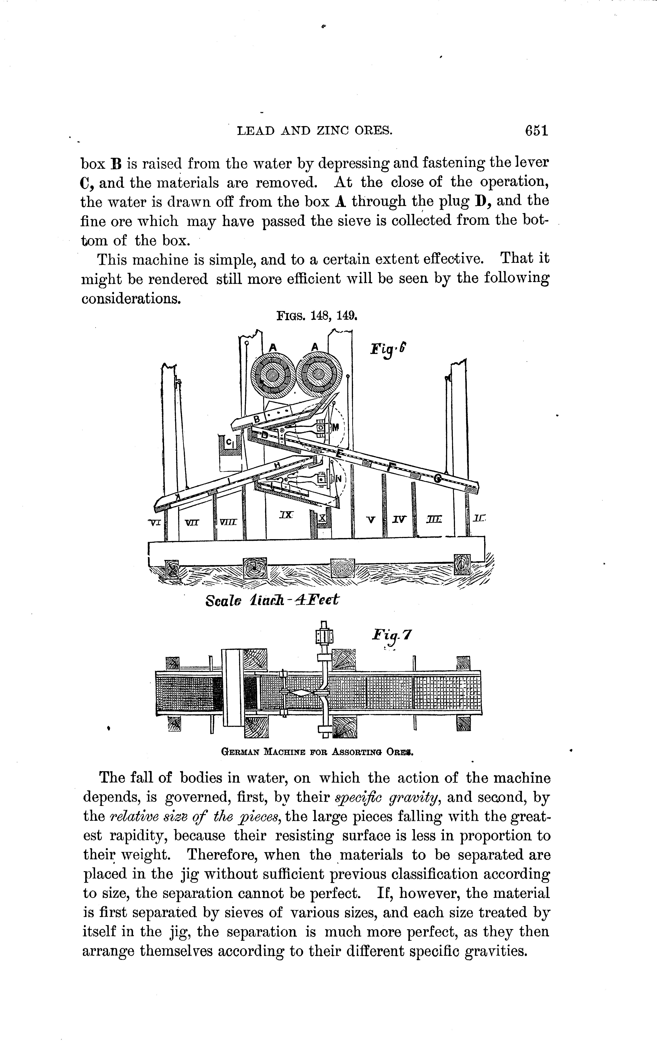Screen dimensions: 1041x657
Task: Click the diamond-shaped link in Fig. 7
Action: click(x=301, y=693)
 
